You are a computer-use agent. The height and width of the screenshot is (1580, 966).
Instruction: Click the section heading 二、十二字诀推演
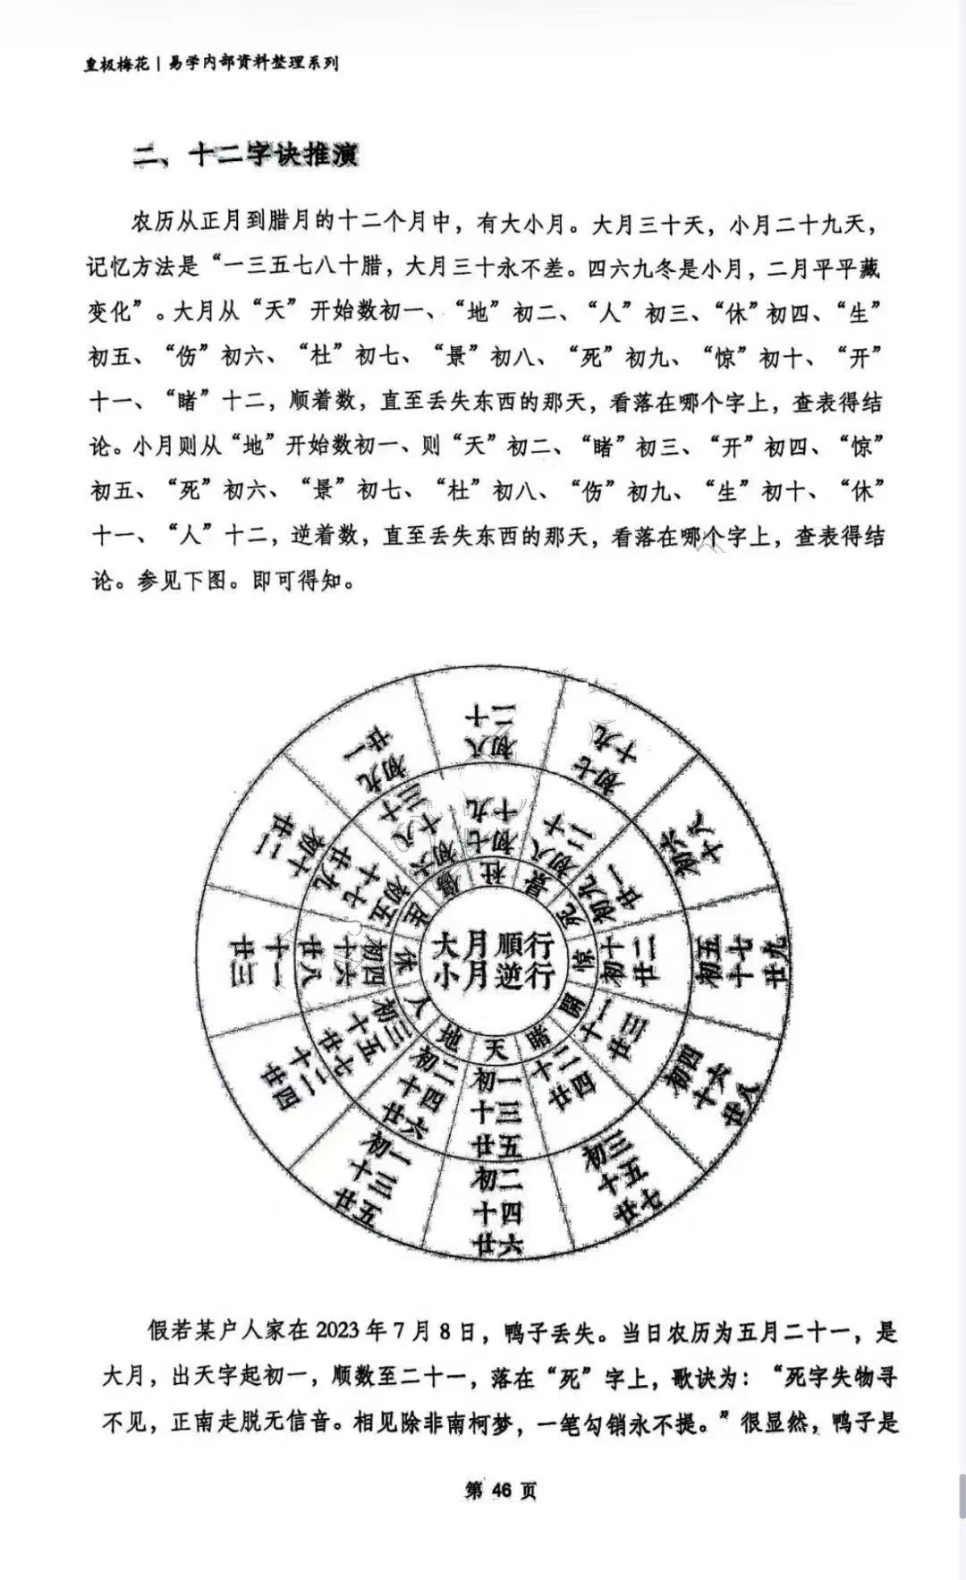tap(245, 155)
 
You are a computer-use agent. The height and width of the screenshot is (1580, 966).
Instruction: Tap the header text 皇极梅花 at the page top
tap(117, 64)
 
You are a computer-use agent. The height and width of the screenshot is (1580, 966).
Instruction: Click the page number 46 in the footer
tap(501, 1490)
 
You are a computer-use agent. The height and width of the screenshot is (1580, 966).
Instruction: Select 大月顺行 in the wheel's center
tap(493, 945)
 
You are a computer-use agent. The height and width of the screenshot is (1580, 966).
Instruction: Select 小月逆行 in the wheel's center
tap(493, 974)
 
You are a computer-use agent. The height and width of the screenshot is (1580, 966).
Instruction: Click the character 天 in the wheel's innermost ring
tap(495, 1048)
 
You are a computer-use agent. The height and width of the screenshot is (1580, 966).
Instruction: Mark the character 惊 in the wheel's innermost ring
tap(583, 964)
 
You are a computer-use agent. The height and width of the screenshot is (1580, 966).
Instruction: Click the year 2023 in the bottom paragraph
tap(337, 1330)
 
